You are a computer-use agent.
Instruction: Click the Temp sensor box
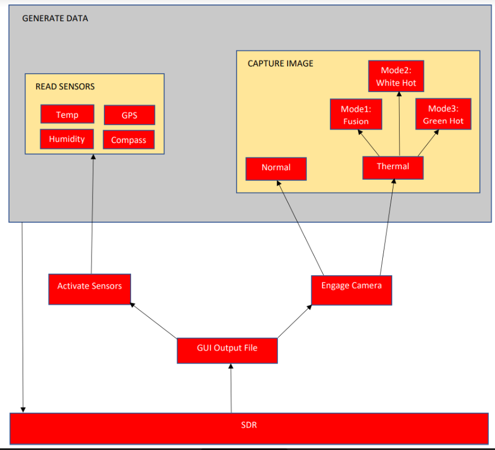(67, 114)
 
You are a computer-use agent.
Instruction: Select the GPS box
(129, 115)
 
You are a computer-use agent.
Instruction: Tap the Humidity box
(67, 139)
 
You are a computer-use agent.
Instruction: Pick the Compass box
(129, 140)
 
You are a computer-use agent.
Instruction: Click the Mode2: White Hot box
(396, 76)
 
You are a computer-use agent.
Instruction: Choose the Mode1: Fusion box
(356, 114)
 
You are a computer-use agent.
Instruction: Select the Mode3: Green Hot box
(443, 114)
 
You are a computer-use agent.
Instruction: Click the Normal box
(276, 169)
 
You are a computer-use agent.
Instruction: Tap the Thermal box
(393, 167)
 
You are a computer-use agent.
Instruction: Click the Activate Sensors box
(90, 289)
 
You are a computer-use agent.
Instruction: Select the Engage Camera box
(352, 290)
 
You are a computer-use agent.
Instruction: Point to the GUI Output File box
(227, 351)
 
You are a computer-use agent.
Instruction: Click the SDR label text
(249, 425)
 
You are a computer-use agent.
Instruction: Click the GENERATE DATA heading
(55, 18)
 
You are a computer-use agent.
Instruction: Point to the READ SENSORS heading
(65, 87)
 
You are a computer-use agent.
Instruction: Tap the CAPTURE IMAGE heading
(280, 64)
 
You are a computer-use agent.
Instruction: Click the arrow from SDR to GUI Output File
(231, 388)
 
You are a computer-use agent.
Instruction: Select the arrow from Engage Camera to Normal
(300, 228)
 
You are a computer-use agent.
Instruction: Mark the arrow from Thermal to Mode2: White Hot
(400, 124)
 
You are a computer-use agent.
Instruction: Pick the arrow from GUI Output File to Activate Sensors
(153, 320)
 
